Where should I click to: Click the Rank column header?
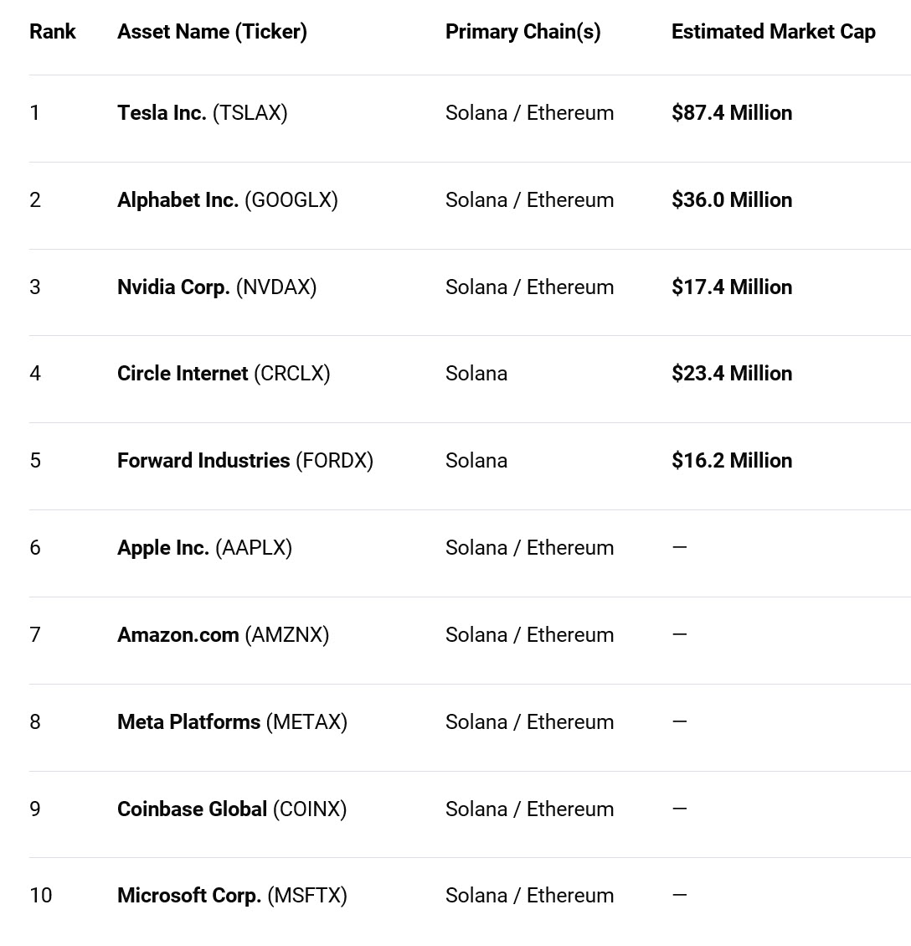click(x=52, y=32)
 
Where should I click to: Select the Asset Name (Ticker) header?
click(x=212, y=32)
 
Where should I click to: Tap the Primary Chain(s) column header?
click(x=522, y=32)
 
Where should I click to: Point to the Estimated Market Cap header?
click(x=773, y=32)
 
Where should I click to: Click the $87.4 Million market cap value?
click(x=731, y=113)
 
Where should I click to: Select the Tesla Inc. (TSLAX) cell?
click(x=202, y=113)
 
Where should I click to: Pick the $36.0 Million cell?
click(x=731, y=200)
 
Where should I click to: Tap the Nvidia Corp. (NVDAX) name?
click(x=216, y=287)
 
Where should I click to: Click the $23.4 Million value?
click(x=731, y=374)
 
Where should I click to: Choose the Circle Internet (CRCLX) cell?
click(x=224, y=374)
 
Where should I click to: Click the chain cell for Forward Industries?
click(x=476, y=461)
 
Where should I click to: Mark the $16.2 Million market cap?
click(x=731, y=461)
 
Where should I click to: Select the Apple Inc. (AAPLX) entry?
click(x=204, y=548)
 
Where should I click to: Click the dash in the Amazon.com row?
click(x=679, y=634)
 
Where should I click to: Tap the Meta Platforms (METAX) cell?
click(x=232, y=722)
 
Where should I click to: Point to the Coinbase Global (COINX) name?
click(x=231, y=809)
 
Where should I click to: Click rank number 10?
click(x=40, y=896)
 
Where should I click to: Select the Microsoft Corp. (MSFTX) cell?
click(x=231, y=896)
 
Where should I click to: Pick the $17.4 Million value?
click(x=731, y=287)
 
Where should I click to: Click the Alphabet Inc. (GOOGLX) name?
click(x=227, y=200)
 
